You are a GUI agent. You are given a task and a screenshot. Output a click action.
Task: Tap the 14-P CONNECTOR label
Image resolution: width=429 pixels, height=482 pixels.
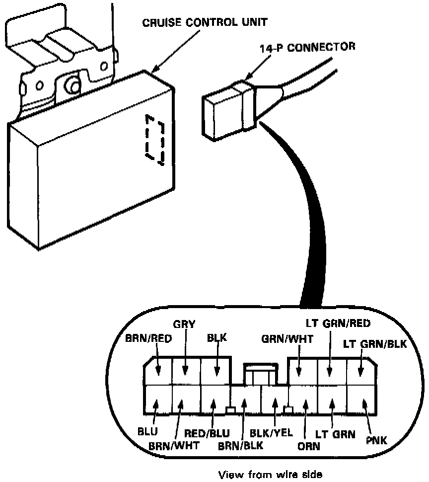click(308, 47)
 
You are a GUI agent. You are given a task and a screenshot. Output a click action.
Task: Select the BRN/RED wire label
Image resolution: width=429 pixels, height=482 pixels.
click(148, 339)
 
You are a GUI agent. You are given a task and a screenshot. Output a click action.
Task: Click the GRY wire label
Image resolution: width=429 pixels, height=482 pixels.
click(185, 324)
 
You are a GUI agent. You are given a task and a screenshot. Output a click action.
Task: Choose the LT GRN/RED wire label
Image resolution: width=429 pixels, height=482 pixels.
click(338, 324)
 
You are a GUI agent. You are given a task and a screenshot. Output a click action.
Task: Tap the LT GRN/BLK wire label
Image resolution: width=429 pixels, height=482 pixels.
click(375, 344)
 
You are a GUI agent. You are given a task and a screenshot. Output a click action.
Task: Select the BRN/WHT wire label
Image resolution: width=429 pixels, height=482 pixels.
click(174, 445)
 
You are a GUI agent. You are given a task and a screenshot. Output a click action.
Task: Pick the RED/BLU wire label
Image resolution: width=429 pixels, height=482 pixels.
click(211, 433)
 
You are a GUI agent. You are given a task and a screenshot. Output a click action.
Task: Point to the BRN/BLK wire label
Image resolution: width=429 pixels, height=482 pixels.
click(241, 445)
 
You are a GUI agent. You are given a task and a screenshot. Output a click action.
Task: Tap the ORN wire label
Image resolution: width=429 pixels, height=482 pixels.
click(309, 446)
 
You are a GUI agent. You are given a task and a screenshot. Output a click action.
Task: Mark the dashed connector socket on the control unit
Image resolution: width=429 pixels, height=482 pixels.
click(154, 140)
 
